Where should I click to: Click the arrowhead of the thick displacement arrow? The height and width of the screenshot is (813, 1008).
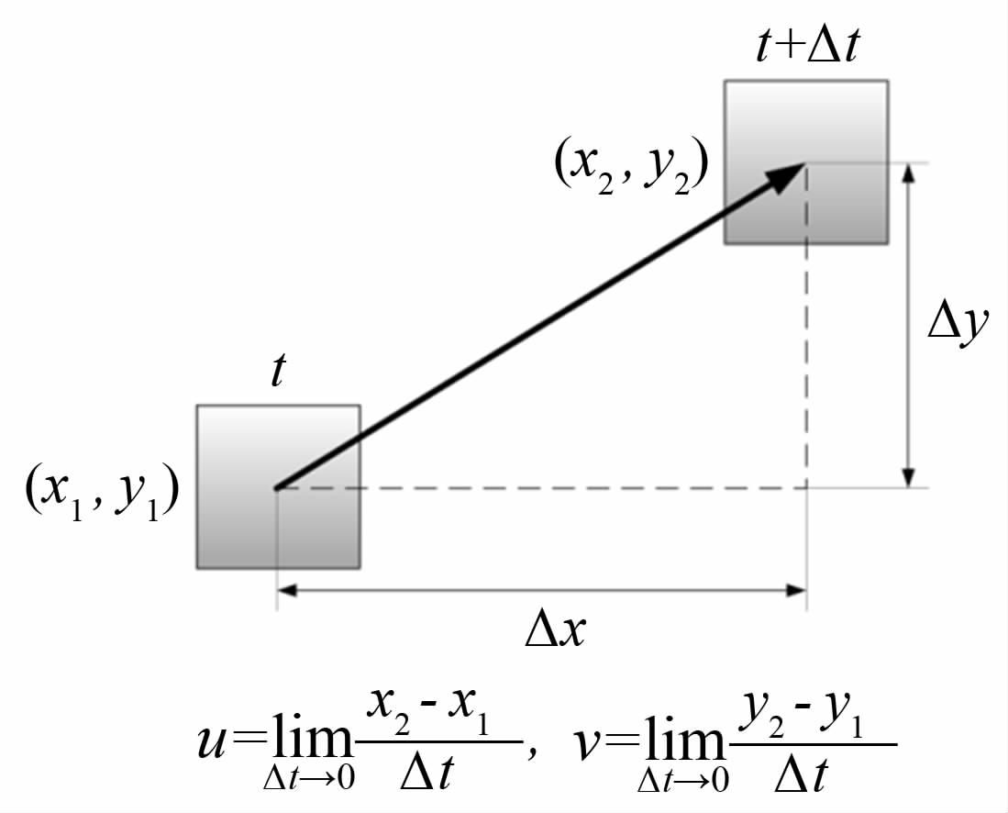click(792, 173)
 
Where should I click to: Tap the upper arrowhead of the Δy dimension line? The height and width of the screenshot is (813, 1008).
click(908, 174)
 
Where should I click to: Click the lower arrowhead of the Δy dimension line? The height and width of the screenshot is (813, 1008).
click(908, 477)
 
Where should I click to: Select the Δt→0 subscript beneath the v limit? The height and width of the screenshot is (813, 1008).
click(682, 780)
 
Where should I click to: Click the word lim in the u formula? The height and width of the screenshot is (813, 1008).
click(307, 741)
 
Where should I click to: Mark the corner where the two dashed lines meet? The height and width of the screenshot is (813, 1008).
click(806, 487)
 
